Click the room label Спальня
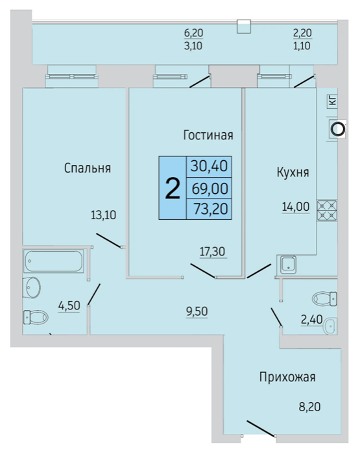coord(88,168)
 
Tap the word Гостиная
coord(208,135)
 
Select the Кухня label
coord(293,173)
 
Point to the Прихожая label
coord(287,377)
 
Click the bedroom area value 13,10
coord(103,215)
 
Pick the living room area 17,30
coord(212,252)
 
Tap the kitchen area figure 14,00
coord(296,207)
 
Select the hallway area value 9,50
coord(197,311)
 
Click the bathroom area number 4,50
coord(69,305)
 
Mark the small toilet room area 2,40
coord(311,320)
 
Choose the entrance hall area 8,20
coord(309,407)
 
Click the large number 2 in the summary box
coord(173,188)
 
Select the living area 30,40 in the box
coord(209,167)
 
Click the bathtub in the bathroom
coord(54,261)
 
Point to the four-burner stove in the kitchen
coord(327,211)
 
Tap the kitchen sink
coord(287,265)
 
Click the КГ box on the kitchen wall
coord(333,101)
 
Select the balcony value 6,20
coord(194,33)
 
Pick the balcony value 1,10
coord(302,46)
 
